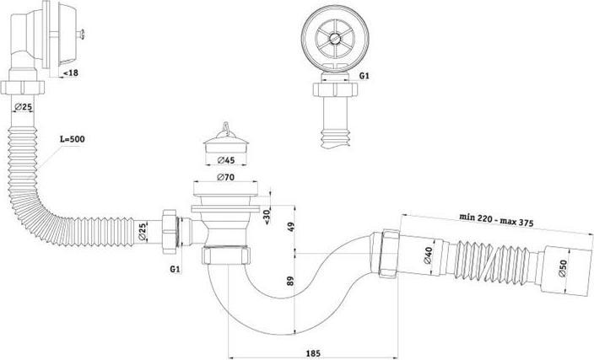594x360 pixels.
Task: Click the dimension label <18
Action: point(71,73)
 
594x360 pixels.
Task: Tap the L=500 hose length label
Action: point(73,139)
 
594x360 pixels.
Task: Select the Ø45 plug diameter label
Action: point(226,160)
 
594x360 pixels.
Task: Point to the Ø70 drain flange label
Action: point(225,177)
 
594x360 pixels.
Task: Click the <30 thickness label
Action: point(267,217)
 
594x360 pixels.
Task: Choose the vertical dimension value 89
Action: point(290,281)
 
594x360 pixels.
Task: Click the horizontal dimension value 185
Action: point(313,353)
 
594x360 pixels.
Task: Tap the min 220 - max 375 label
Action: point(496,219)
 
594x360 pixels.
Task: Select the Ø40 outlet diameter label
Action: point(428,255)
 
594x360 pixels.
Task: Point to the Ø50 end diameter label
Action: point(563,268)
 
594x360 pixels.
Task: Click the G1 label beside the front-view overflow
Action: point(364,76)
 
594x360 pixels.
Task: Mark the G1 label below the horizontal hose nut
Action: point(175,269)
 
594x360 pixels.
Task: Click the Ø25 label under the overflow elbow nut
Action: point(23,107)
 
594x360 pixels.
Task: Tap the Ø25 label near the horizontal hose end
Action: point(142,232)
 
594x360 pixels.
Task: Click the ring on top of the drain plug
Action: point(226,126)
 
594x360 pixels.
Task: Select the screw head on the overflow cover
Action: point(82,35)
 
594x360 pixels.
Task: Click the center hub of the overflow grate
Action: point(334,38)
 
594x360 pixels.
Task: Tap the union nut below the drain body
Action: point(225,255)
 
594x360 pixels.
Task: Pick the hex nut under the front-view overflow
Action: point(335,89)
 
